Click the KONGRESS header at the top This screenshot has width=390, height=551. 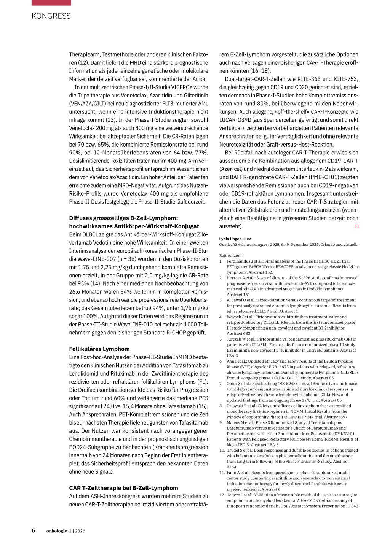(51, 16)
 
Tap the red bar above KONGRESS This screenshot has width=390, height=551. (51, 3)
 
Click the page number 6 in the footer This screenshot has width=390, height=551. (34, 530)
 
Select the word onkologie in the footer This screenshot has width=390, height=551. (57, 531)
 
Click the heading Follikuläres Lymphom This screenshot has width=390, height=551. (99, 349)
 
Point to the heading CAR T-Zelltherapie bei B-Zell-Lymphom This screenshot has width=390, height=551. (123, 488)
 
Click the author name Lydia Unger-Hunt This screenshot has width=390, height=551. (235, 239)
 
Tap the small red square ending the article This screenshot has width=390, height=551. (356, 226)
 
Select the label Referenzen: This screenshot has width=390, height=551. (230, 256)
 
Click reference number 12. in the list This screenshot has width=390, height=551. (222, 495)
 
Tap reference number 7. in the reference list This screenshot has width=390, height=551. (221, 384)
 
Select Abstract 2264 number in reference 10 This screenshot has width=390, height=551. (232, 467)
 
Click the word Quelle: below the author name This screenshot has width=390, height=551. (225, 245)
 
